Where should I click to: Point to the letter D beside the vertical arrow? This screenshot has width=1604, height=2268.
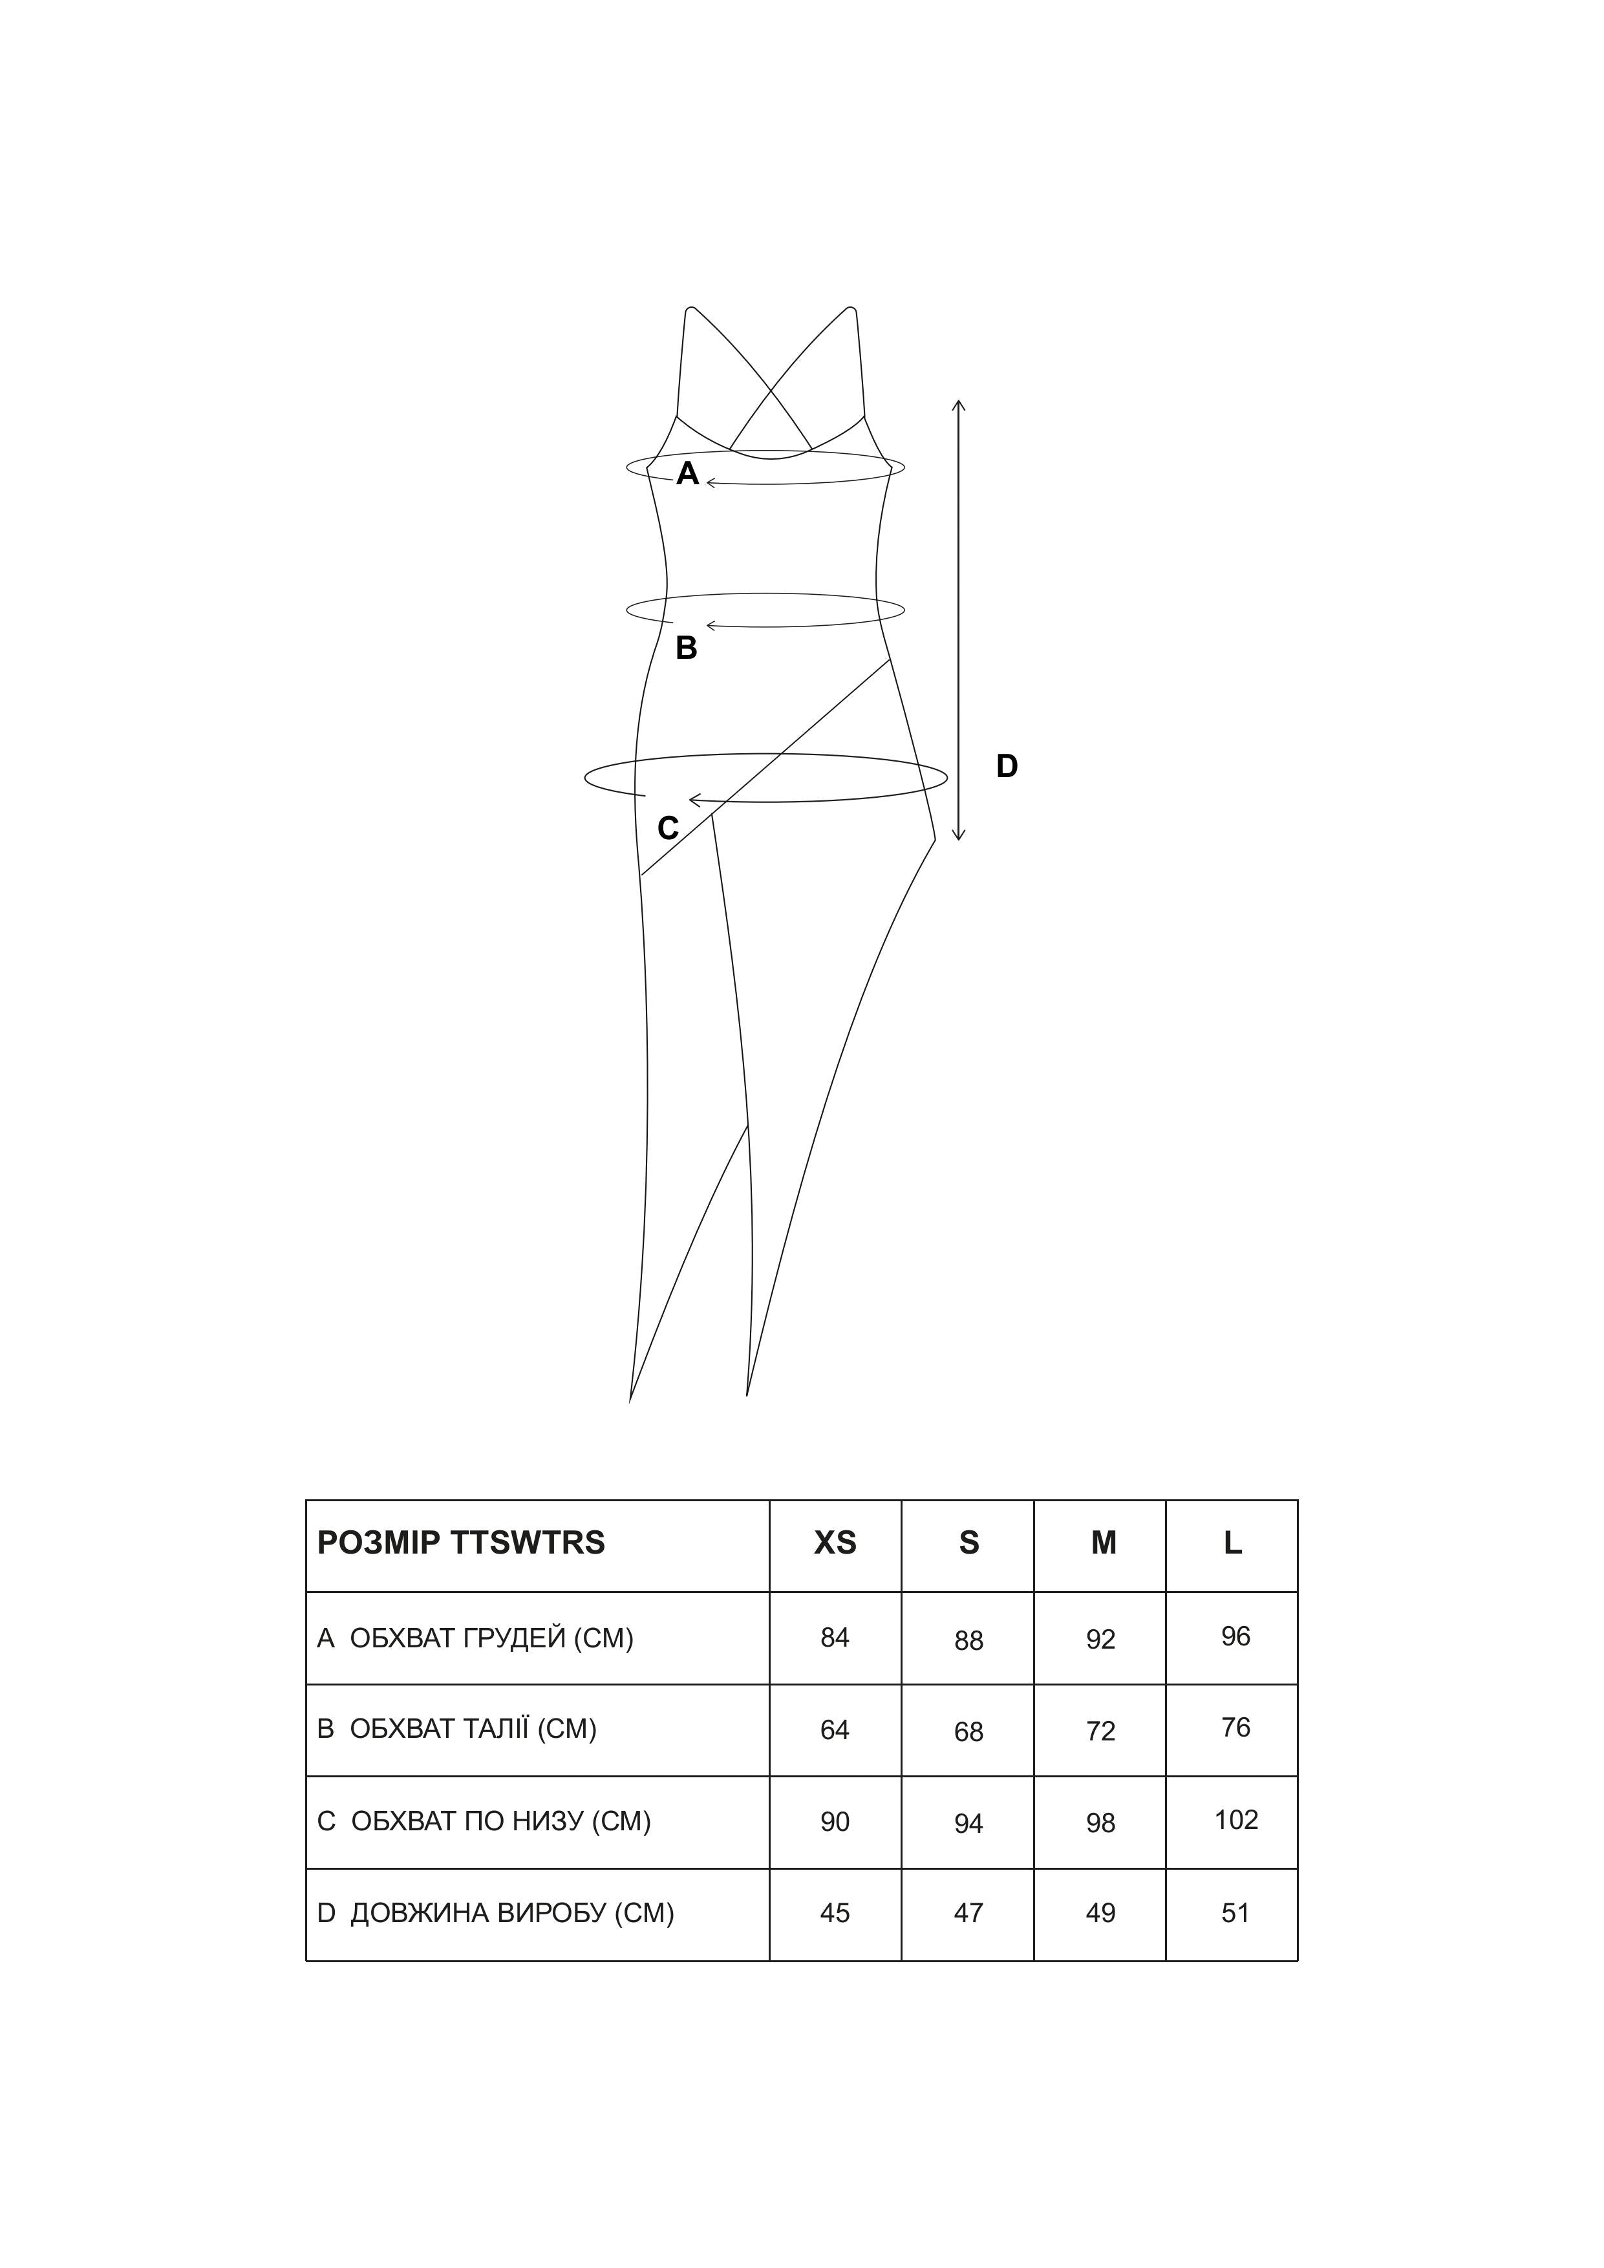pyautogui.click(x=1007, y=767)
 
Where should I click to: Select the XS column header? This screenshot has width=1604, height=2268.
pyautogui.click(x=835, y=1543)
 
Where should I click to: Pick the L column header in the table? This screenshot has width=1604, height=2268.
pyautogui.click(x=1233, y=1543)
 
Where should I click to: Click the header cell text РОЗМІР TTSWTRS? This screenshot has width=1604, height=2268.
pyautogui.click(x=460, y=1543)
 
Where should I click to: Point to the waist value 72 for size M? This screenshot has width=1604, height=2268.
pyautogui.click(x=1100, y=1731)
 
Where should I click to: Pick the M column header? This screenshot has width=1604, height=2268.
pyautogui.click(x=1103, y=1543)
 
